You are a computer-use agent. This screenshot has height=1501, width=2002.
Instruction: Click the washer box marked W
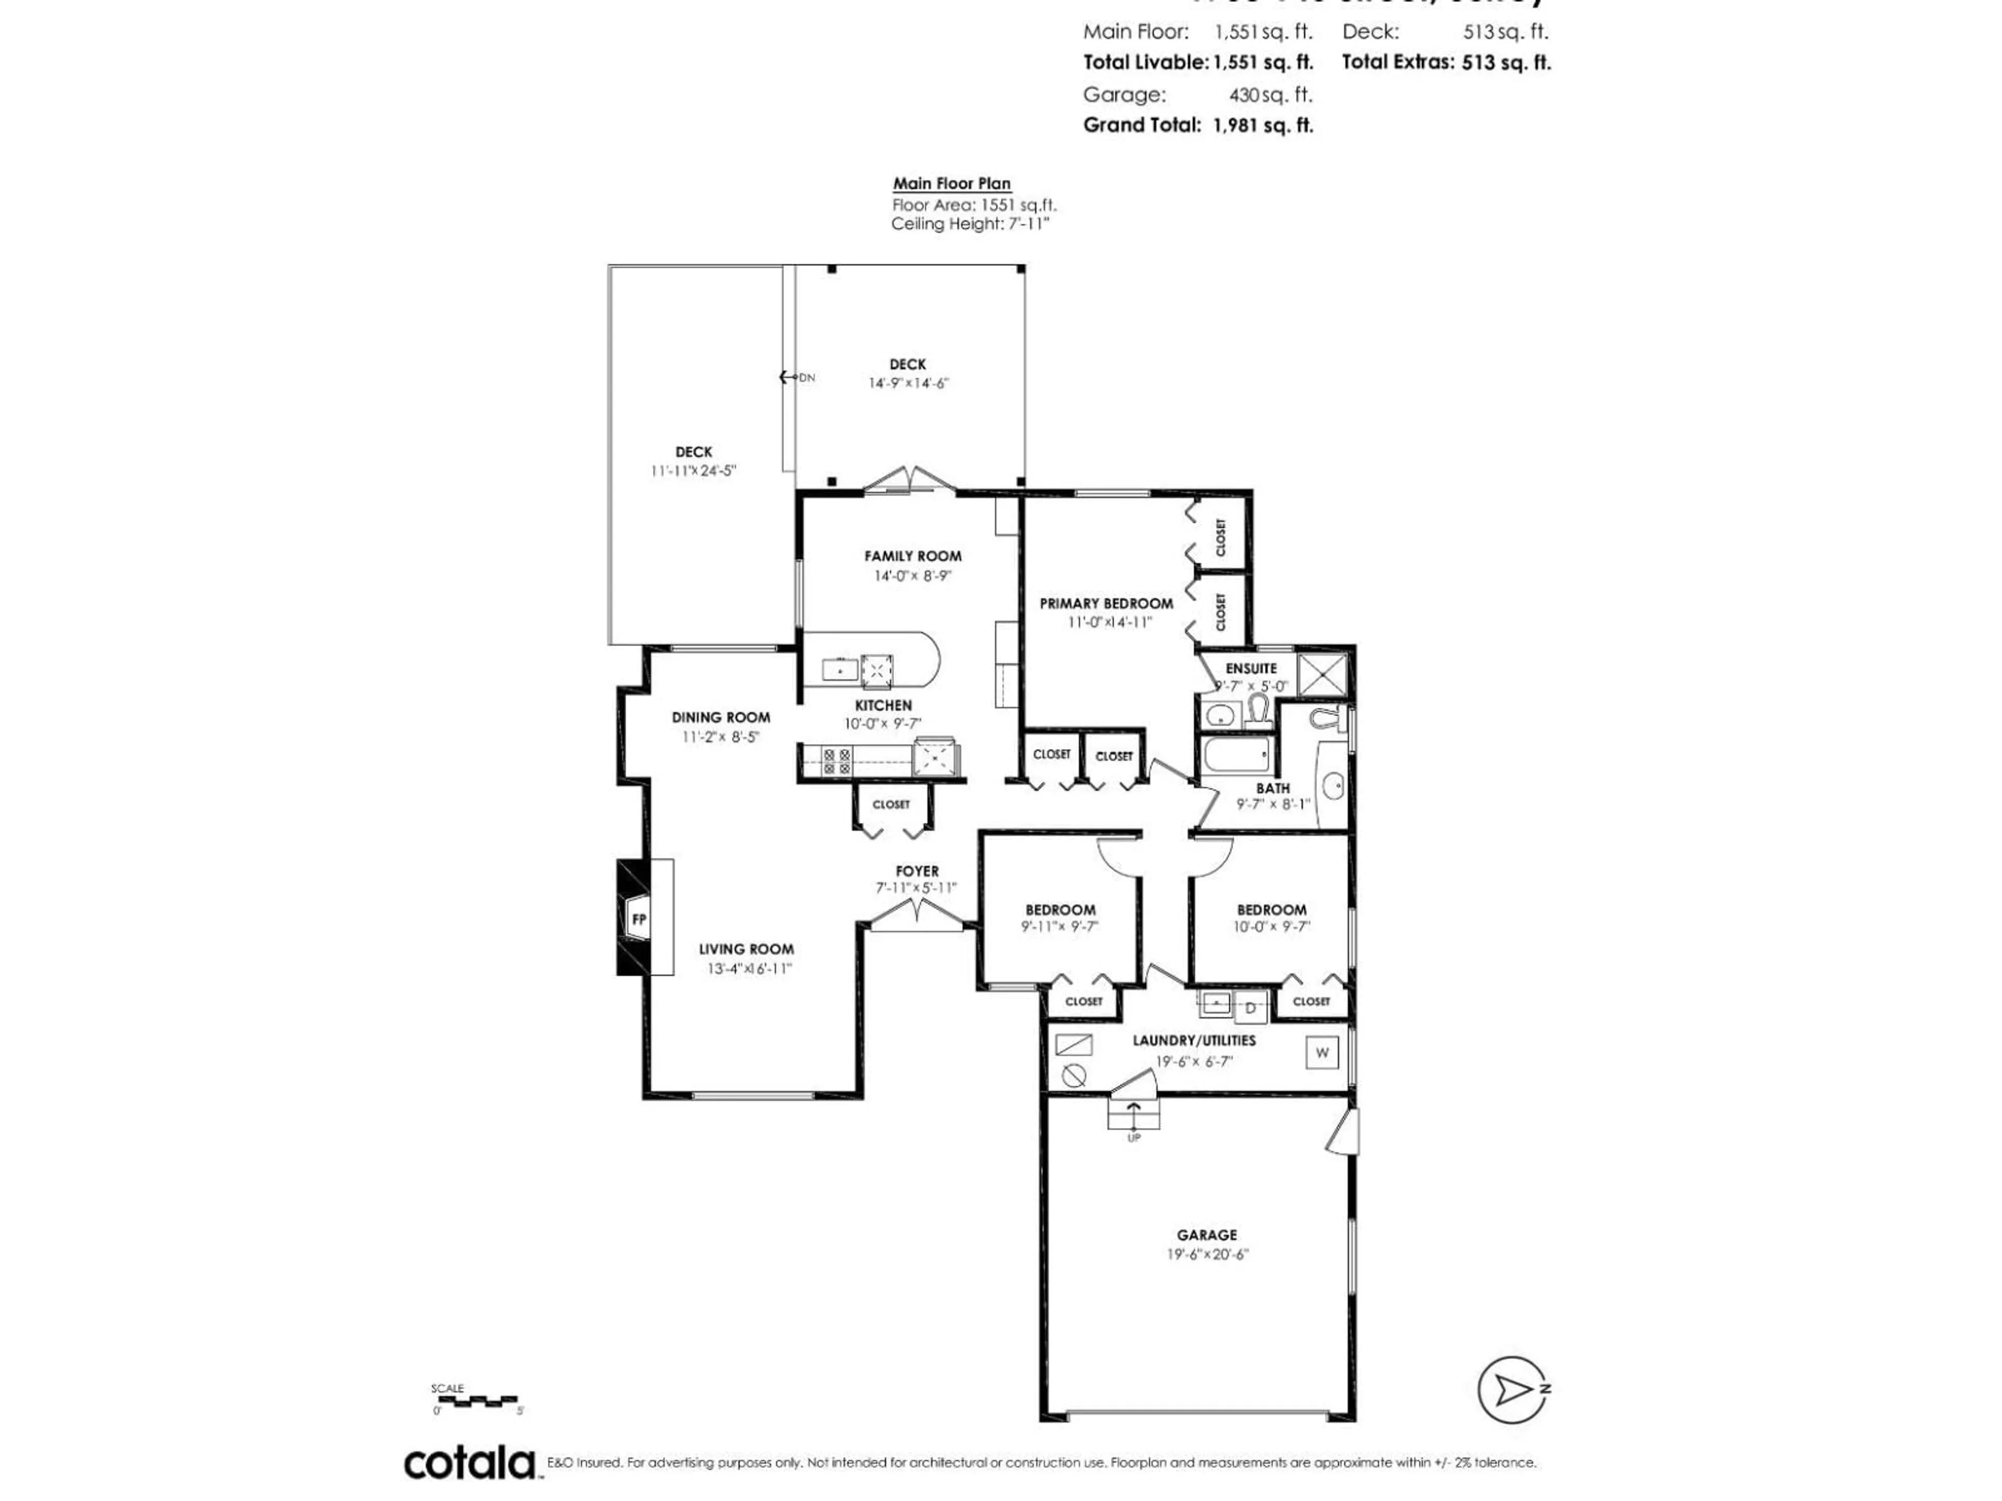click(x=1322, y=1052)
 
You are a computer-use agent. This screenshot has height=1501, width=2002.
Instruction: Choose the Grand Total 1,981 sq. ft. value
click(x=1263, y=126)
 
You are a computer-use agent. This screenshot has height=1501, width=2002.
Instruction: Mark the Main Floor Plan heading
click(x=951, y=183)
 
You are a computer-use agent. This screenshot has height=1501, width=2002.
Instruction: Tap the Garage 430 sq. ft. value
click(x=1270, y=95)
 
